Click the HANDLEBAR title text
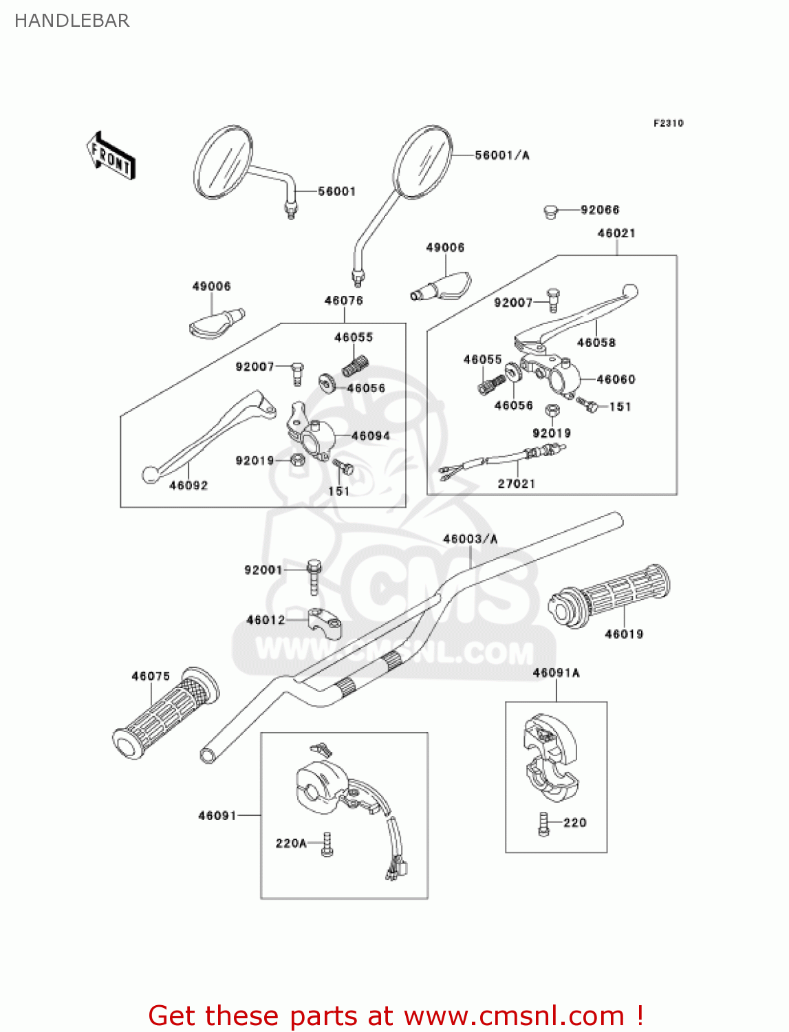pyautogui.click(x=72, y=21)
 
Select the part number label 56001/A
pyautogui.click(x=502, y=155)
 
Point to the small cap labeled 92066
pyautogui.click(x=550, y=211)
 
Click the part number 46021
pyautogui.click(x=616, y=233)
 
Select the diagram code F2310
pyautogui.click(x=668, y=123)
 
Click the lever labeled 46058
pyautogui.click(x=578, y=316)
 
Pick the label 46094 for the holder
pyautogui.click(x=370, y=436)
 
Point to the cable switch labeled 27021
pyautogui.click(x=509, y=459)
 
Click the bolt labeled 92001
pyautogui.click(x=314, y=576)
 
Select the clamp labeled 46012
pyautogui.click(x=325, y=623)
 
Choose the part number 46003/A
pyautogui.click(x=470, y=539)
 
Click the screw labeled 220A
pyautogui.click(x=327, y=844)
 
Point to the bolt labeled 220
pyautogui.click(x=544, y=824)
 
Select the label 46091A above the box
pyautogui.click(x=556, y=673)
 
